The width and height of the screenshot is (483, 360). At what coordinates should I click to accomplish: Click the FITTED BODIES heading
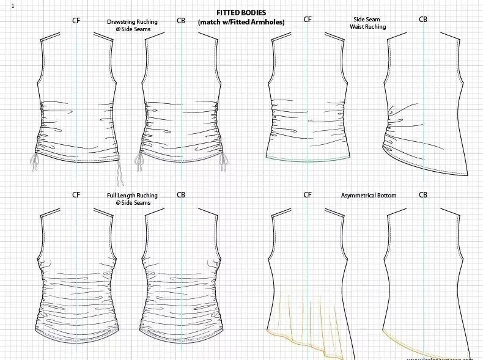241,13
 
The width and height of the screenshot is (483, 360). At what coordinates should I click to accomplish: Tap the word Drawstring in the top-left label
120,22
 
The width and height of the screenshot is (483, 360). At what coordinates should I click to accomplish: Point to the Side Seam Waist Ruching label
366,23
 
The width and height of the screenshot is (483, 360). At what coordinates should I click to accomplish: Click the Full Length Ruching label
132,196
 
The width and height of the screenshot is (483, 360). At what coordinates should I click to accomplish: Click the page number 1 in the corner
13,6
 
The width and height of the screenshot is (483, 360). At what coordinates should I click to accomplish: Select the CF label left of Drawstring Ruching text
76,21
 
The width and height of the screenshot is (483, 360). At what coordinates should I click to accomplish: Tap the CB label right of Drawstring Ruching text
181,21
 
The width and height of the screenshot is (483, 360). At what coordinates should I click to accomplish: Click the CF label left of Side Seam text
308,20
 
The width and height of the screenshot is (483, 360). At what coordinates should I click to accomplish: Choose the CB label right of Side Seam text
423,20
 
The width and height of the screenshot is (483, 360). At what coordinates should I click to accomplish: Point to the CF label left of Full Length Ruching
76,195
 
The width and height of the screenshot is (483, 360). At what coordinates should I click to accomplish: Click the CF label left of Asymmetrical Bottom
308,195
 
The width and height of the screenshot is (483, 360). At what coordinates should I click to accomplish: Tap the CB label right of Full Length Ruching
181,195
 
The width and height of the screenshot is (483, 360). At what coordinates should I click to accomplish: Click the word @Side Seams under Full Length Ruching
132,203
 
